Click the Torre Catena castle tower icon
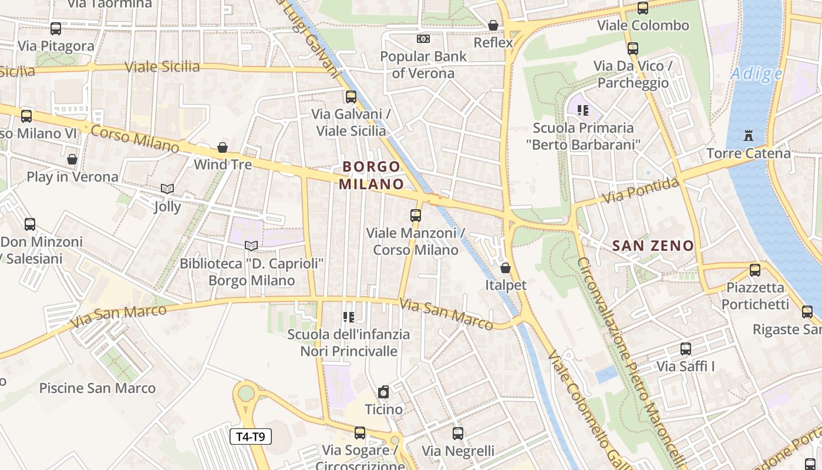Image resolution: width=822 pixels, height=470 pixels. (748, 136)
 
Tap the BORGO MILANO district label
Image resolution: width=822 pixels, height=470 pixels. (372, 175)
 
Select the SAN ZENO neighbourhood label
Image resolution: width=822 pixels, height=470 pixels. (653, 246)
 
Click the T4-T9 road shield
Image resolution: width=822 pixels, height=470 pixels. (251, 437)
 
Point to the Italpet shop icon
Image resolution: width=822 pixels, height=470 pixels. (506, 268)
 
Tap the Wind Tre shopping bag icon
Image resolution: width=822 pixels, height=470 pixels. (223, 147)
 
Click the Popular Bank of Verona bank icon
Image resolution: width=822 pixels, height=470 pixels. (423, 39)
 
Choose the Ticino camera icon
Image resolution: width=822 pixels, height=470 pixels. (383, 392)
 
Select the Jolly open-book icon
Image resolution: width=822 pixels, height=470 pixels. (167, 189)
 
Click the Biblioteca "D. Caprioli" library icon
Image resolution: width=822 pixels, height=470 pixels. (251, 246)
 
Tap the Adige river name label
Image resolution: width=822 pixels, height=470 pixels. (756, 74)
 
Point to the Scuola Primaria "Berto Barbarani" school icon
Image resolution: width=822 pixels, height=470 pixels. (583, 110)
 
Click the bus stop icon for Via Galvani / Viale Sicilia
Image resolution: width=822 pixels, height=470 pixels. (351, 97)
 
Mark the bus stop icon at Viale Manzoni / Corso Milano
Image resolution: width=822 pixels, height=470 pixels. (416, 216)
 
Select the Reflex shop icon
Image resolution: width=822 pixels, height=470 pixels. (493, 25)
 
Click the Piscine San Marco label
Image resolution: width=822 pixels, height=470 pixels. (97, 388)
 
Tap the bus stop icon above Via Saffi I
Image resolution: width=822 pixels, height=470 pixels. (685, 349)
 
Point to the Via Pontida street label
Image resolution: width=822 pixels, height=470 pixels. (641, 190)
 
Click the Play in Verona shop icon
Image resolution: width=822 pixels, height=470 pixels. (72, 159)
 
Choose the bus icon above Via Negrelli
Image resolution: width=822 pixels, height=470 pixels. (458, 434)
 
